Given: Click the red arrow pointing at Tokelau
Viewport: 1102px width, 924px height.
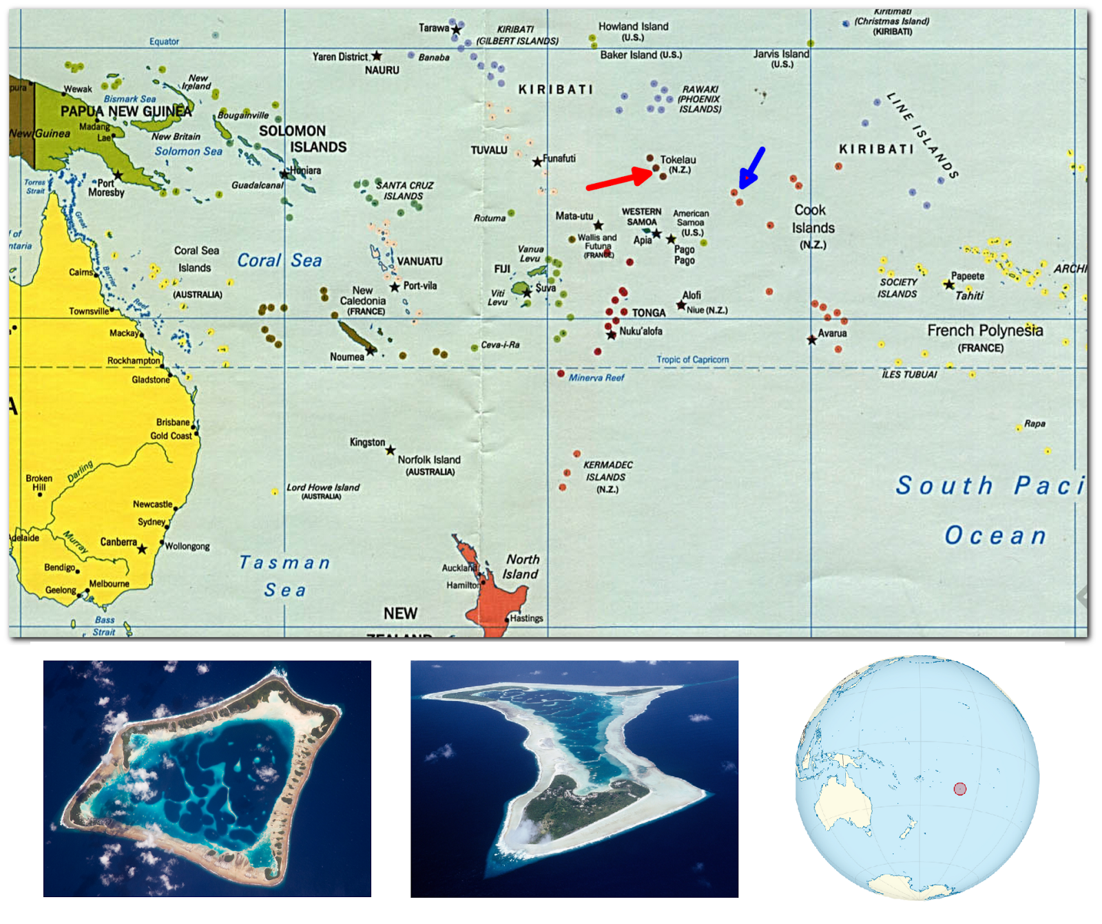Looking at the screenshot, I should click(x=618, y=180).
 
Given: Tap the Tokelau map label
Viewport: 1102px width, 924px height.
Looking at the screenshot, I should click(x=678, y=160).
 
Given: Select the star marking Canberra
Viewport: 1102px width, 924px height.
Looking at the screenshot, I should click(x=142, y=549).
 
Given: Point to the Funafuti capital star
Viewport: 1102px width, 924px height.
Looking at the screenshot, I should click(x=537, y=162).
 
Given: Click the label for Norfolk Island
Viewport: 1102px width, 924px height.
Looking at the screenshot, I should click(x=428, y=460).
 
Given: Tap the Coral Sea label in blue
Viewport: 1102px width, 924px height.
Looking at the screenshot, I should click(x=279, y=261).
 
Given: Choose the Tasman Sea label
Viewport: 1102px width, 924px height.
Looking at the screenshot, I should click(x=284, y=576).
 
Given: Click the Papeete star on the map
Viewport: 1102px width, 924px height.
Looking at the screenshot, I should click(x=949, y=284).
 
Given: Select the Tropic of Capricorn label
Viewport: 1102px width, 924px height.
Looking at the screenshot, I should click(x=692, y=359).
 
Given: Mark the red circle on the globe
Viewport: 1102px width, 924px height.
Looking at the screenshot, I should click(x=960, y=788).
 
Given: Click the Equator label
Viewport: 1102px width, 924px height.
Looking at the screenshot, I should click(x=164, y=42).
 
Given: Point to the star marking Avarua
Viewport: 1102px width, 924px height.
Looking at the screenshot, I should click(x=812, y=339).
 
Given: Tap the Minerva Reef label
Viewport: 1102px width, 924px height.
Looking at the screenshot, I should click(x=596, y=378).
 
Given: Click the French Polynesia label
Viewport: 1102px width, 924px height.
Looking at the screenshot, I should click(x=985, y=331).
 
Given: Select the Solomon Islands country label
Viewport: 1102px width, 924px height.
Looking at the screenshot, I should click(x=303, y=138).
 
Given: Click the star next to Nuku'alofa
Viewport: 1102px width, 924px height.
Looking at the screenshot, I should click(x=611, y=335).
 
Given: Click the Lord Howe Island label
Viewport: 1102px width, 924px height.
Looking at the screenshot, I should click(x=323, y=487).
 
